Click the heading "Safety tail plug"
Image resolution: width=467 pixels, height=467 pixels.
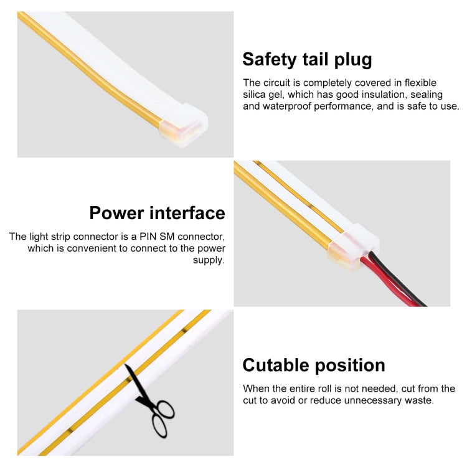pos(307,60)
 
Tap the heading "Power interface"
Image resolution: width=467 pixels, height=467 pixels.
pos(158,213)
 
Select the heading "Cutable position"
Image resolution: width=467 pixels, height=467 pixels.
pos(314,366)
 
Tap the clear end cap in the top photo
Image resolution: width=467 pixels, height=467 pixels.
pos(184,125)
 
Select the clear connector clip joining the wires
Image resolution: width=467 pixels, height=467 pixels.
pos(354,247)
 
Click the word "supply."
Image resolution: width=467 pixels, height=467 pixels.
pos(209,260)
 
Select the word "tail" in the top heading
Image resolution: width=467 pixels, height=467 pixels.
pos(316,59)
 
